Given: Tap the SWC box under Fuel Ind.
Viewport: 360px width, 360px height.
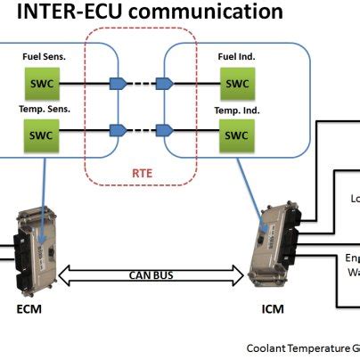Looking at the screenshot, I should pos(236,84).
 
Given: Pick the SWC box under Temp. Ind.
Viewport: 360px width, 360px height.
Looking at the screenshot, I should pos(236,135).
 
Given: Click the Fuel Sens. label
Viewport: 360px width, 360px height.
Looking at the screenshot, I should pos(41,57).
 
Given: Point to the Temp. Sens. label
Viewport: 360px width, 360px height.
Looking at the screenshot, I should pos(41,109).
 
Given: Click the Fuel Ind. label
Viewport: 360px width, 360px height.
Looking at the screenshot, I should pos(236,57).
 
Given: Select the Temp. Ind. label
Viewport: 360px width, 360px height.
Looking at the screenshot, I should pos(236,109).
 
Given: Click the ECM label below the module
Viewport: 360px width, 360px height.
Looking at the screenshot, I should pos(29,310).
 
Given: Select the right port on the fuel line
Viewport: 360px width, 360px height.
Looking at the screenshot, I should pos(164,84).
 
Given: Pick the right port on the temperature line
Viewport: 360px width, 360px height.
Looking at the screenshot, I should pos(164,135).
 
